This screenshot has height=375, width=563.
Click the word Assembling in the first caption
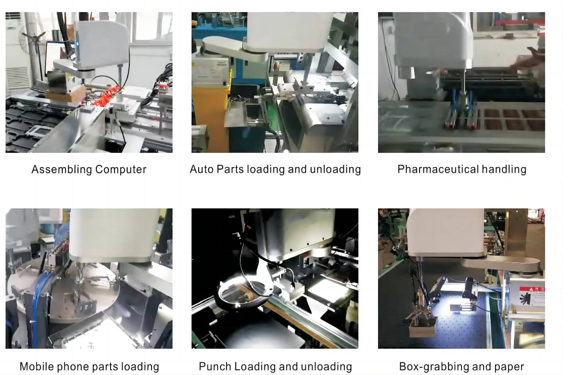pyautogui.click(x=62, y=169)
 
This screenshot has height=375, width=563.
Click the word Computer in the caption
pyautogui.click(x=121, y=169)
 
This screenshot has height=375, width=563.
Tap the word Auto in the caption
pyautogui.click(x=202, y=169)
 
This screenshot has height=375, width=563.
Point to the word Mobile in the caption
pyautogui.click(x=37, y=366)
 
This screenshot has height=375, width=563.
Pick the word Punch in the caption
pyautogui.click(x=215, y=366)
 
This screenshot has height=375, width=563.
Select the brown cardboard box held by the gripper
pyautogui.click(x=422, y=329)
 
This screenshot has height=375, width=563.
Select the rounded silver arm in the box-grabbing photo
pyautogui.click(x=501, y=266)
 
